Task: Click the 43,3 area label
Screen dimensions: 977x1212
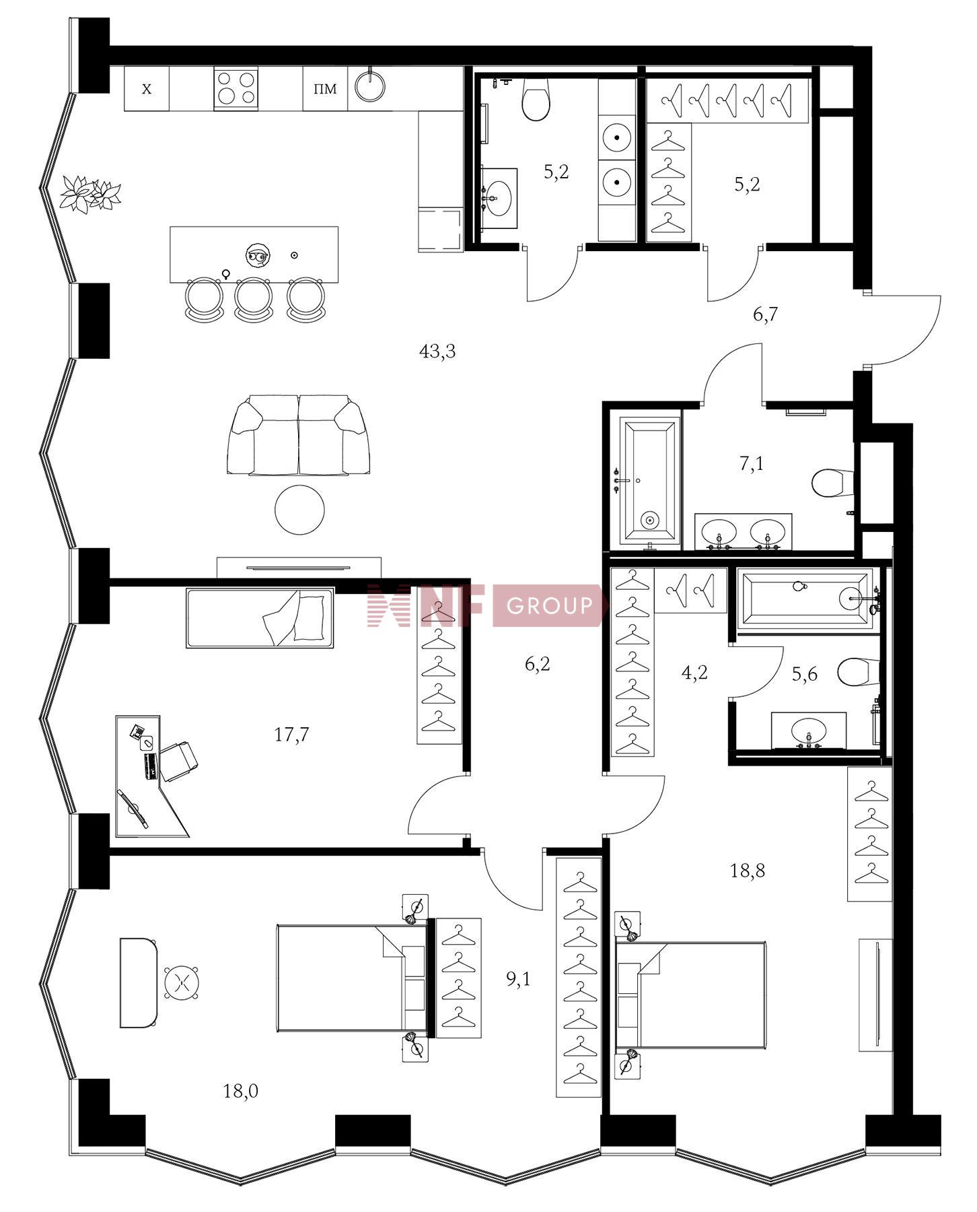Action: click(437, 351)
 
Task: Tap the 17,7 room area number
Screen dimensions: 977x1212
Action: click(292, 734)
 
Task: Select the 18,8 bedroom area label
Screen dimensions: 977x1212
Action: click(748, 871)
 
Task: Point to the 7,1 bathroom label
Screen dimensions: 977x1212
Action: click(752, 463)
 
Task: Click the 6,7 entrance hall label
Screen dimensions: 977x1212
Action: click(765, 314)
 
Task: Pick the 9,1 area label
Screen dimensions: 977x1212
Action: click(518, 978)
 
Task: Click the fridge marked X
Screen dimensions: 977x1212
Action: click(147, 88)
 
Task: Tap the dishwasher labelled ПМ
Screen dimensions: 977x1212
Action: click(325, 88)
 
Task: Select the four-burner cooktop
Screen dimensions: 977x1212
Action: click(236, 88)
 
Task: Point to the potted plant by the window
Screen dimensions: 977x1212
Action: click(90, 194)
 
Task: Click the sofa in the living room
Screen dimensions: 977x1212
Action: click(299, 436)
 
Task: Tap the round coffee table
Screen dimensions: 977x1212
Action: click(299, 510)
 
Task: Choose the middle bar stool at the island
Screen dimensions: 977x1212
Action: click(252, 300)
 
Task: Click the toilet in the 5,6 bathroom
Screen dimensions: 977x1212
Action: click(859, 671)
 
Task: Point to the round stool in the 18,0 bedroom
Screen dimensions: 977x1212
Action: click(182, 983)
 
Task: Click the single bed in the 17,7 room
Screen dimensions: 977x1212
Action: click(260, 618)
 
